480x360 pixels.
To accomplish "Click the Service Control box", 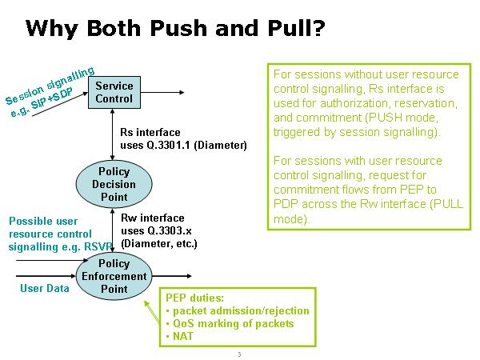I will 114,92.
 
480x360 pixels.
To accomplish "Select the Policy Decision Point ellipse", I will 114,184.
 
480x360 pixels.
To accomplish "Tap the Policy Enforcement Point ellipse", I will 114,276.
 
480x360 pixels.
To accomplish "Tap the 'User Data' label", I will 44,288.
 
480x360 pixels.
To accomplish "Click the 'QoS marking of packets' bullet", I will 230,324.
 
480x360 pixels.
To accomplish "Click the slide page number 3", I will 238,354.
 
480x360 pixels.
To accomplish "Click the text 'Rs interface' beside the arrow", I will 150,132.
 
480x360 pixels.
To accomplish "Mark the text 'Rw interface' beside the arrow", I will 152,218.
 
